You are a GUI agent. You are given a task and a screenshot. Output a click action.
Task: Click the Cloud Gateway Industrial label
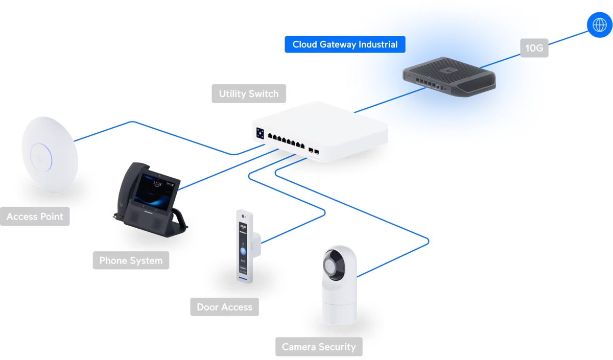(x=345, y=44)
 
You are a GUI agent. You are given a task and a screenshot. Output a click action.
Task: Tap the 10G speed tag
(x=534, y=49)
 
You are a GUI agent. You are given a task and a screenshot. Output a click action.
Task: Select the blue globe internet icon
(x=599, y=25)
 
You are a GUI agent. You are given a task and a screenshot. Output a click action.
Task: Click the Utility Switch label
(x=249, y=94)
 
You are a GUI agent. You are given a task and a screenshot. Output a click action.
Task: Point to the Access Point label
(x=35, y=217)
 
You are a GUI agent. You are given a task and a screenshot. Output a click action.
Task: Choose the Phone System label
(x=131, y=260)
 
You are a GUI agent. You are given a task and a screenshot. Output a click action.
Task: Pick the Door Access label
(x=224, y=307)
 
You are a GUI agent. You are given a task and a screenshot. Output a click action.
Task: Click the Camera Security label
(x=319, y=347)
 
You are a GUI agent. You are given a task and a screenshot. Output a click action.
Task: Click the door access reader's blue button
(x=243, y=251)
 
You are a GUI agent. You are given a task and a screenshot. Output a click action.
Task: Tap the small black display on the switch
(x=260, y=133)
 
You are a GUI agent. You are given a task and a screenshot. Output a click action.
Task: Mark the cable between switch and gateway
(x=388, y=100)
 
